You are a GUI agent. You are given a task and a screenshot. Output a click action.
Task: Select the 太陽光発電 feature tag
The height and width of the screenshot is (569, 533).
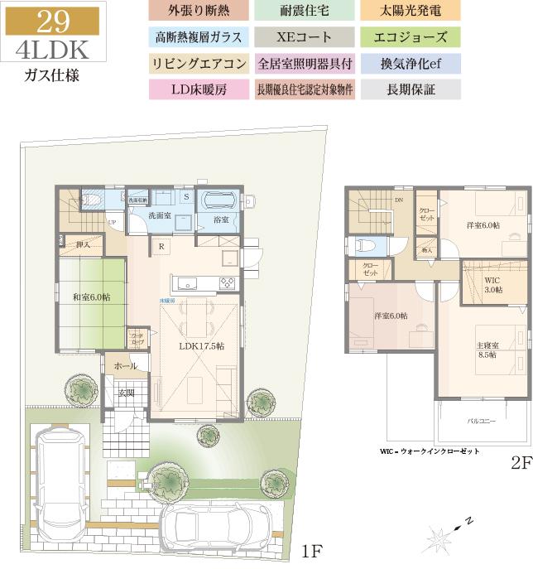coord(411,12)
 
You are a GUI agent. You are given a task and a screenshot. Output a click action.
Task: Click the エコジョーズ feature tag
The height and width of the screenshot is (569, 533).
coord(411,37)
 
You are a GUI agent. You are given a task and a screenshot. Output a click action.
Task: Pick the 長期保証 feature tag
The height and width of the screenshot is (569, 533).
coord(411,89)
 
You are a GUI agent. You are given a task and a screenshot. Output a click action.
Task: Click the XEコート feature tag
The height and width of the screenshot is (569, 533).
coord(305,37)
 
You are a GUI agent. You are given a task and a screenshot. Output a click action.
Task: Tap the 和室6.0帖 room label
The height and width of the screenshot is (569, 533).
coord(91,297)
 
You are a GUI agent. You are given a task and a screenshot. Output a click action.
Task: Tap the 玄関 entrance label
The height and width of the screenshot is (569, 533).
coord(126,392)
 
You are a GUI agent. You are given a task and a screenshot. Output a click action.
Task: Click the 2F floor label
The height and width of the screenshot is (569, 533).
coord(519,464)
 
